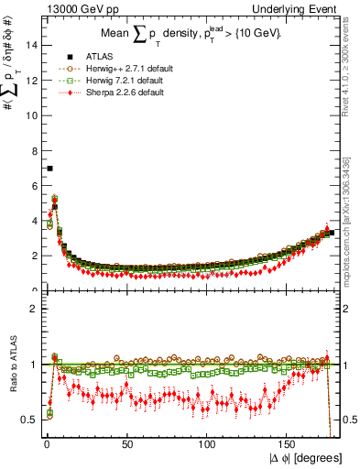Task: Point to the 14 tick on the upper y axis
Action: point(28,45)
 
